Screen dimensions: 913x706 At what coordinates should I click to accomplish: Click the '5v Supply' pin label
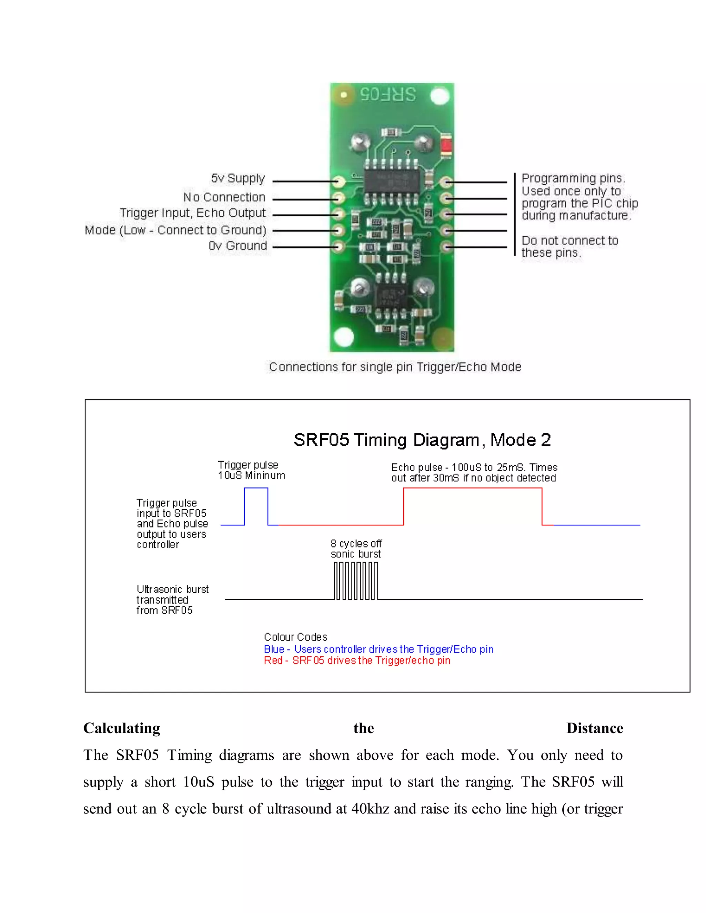pos(238,178)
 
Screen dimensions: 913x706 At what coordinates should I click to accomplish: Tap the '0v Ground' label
pos(238,246)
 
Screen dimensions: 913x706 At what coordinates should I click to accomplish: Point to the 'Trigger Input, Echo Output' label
pos(193,213)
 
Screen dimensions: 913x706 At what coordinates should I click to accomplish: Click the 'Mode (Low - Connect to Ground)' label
pos(175,230)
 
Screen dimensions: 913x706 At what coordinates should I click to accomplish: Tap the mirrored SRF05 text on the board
pos(388,94)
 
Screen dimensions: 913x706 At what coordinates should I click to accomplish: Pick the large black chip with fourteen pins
pos(392,182)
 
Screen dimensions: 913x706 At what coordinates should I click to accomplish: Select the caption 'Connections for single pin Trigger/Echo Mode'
pos(395,367)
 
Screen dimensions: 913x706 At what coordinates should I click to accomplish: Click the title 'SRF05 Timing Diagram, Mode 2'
pos(422,440)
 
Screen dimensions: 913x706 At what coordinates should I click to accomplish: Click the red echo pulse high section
pos(473,488)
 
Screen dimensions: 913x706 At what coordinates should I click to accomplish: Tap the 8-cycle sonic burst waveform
pos(356,581)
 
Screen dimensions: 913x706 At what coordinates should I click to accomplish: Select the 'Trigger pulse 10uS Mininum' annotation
pos(251,470)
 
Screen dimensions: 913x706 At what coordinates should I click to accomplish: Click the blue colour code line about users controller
pos(379,649)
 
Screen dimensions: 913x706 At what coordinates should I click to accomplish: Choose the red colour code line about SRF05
pos(357,660)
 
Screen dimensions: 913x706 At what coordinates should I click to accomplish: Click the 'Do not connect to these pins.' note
pos(569,247)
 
